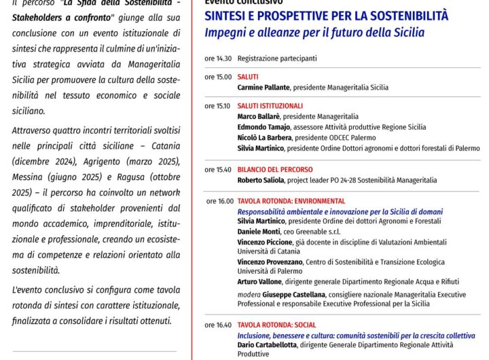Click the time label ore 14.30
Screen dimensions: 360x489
[x=218, y=58]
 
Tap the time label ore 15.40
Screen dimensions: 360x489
[x=218, y=169]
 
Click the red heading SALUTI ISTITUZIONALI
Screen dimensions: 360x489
[x=270, y=107]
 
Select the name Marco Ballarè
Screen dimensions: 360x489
[x=259, y=117]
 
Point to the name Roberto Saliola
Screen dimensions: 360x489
[x=261, y=180]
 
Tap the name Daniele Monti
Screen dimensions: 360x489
[x=259, y=232]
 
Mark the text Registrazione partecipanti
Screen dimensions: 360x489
[x=277, y=58]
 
